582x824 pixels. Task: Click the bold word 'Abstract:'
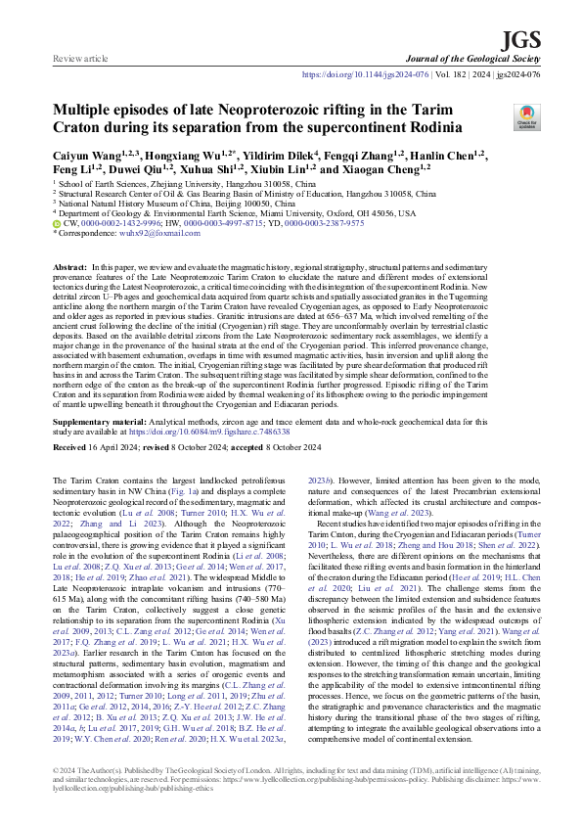[x=69, y=267]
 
